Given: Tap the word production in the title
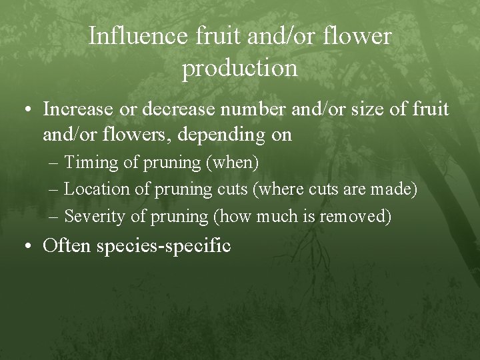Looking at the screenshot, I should pos(240,67).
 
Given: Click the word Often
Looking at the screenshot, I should pos(67,246).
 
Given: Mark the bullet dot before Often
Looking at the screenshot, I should pos(27,246).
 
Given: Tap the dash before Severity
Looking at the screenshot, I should pos(54,216).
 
